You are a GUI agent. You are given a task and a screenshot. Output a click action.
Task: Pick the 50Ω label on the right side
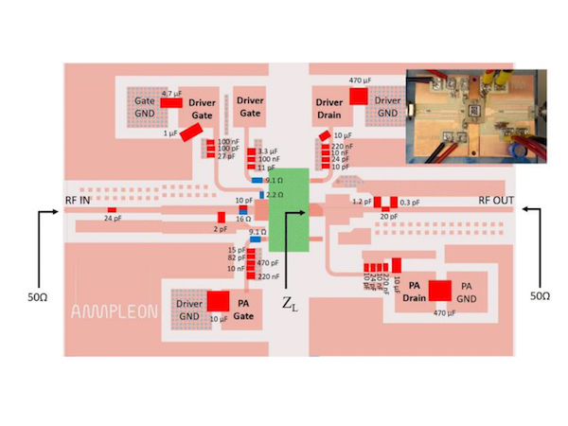pos(539,296)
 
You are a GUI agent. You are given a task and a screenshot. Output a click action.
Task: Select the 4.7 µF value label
pos(170,94)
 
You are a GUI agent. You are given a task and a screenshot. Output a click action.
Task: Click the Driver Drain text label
pos(328,107)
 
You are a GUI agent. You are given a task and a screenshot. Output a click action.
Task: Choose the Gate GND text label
pos(144,105)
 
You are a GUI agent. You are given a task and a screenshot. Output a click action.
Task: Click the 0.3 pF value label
pos(409,203)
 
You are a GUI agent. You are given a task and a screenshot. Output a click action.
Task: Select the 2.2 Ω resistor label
pos(275,193)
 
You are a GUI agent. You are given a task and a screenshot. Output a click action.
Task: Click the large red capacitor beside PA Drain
pos(439,292)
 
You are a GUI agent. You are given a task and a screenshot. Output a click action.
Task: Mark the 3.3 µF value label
pos(269,151)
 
